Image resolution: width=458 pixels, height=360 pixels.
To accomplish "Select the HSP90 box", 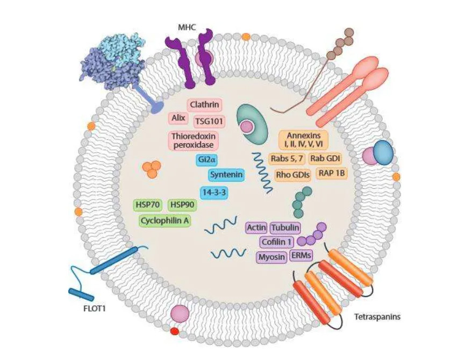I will [x=182, y=205].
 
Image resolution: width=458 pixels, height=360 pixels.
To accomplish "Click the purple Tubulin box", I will [x=285, y=228].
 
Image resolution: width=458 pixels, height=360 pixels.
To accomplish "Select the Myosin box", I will [x=271, y=257].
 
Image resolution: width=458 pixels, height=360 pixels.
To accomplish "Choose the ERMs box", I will [x=299, y=256].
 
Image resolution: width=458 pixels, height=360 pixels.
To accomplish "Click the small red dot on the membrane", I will [x=174, y=331].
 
